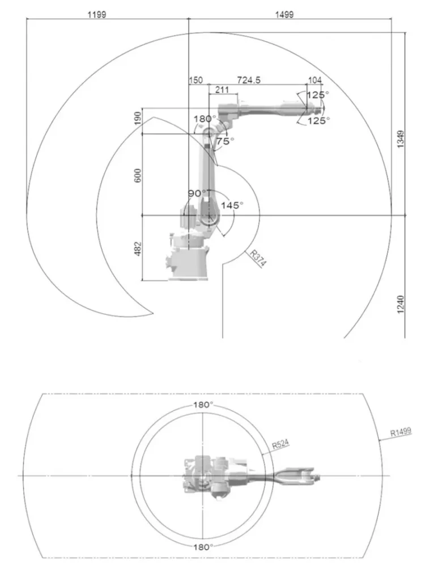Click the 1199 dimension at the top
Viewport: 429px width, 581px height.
[x=97, y=14]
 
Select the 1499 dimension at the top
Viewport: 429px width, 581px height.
[x=284, y=14]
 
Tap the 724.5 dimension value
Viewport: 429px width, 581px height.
[x=249, y=80]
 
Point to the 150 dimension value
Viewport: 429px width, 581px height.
[x=196, y=80]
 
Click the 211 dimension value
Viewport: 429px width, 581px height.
[x=222, y=90]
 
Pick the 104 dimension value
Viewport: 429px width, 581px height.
[x=315, y=80]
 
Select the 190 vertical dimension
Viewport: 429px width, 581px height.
[x=138, y=118]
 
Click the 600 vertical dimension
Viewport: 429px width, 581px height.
[x=138, y=175]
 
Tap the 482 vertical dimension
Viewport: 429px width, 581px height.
[x=138, y=249]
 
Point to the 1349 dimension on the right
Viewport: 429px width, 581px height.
[x=401, y=140]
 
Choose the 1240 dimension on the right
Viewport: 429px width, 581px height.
[x=401, y=304]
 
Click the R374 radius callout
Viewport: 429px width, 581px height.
[x=258, y=258]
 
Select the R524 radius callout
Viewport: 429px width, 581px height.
[x=280, y=444]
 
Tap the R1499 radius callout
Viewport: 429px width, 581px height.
[x=401, y=432]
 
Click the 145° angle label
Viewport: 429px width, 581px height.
[x=232, y=205]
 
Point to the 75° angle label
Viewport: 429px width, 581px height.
[x=226, y=141]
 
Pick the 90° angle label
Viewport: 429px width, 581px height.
[x=197, y=193]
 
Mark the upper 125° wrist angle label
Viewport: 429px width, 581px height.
[x=317, y=95]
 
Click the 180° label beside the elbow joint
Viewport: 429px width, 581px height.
[x=205, y=119]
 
